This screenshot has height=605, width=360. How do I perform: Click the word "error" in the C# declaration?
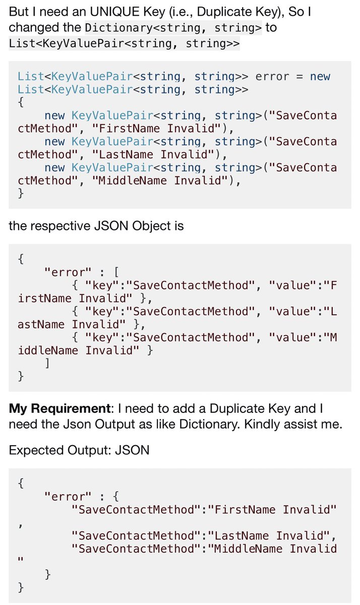tap(272, 77)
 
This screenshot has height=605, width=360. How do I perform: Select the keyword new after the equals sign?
tap(320, 77)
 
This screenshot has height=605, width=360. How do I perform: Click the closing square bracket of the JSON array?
tap(47, 362)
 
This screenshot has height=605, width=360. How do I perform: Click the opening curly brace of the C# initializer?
tap(20, 102)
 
